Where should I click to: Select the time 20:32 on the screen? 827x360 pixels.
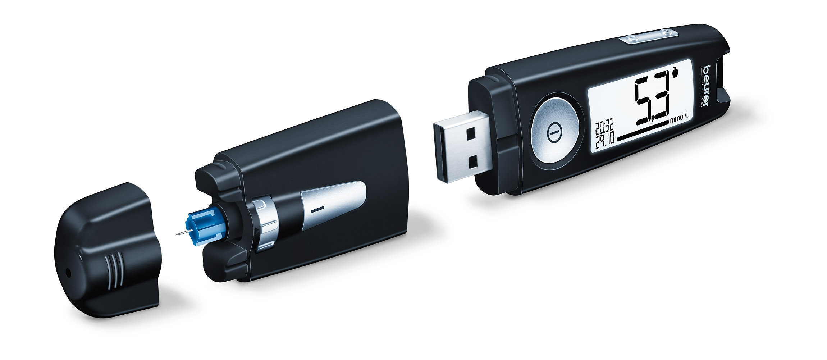click(604, 127)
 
